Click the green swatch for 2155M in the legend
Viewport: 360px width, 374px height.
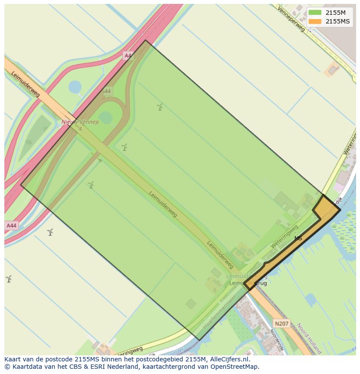[x=316, y=13]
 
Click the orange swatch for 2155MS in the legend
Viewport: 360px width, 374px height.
[x=316, y=21]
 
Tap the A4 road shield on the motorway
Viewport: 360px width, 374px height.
[x=127, y=55]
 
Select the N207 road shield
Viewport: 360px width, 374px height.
[x=282, y=324]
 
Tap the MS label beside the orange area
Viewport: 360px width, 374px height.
[x=298, y=238]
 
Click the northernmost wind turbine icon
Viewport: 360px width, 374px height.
[x=160, y=106]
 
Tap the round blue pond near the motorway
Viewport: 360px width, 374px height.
[x=75, y=87]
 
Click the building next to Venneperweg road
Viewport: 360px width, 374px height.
[x=333, y=69]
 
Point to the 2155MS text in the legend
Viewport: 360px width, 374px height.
[x=338, y=21]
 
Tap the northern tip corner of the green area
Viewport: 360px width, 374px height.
[x=146, y=40]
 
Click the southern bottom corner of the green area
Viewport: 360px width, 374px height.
[x=199, y=340]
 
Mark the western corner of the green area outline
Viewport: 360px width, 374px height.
[x=21, y=185]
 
